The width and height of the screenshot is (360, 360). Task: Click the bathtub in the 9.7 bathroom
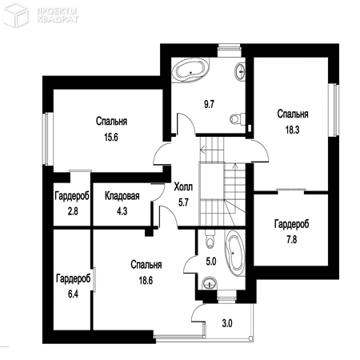pos(190,70)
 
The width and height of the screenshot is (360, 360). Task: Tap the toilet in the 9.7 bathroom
pos(238,118)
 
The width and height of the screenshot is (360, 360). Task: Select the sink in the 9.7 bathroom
pos(240,71)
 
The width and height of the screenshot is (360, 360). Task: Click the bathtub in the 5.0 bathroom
pos(235,253)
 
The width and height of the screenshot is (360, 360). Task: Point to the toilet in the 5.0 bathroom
pos(210,238)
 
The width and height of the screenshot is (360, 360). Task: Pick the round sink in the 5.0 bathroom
pos(210,283)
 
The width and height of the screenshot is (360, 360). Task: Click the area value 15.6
pos(111,138)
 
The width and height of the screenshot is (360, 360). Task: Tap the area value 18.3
pos(293,130)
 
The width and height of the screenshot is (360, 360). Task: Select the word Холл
pos(183,187)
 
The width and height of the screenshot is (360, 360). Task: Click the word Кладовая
pos(122,196)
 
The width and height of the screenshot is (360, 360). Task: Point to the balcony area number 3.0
pos(227,323)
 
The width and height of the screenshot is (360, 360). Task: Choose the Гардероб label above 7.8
pos(292,224)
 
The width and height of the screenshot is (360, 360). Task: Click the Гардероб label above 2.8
pos(72,196)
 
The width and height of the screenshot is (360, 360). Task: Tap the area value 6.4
pos(73,294)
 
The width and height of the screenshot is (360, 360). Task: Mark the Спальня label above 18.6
pos(146,265)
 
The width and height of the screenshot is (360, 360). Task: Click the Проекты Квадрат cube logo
pos(15,14)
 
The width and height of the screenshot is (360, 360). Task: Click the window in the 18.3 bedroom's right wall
pos(334,110)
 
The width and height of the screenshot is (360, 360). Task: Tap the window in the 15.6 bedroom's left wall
pos(48,138)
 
